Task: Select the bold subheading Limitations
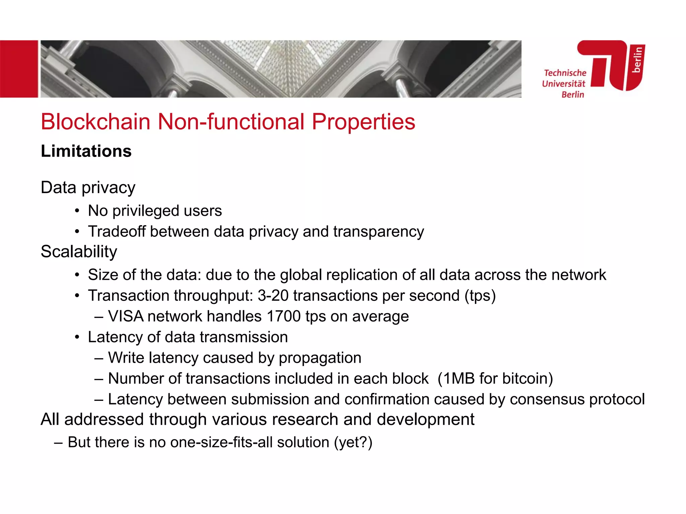(x=86, y=151)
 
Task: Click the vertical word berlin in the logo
(x=637, y=60)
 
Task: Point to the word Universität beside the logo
(x=563, y=84)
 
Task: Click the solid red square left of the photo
(x=19, y=69)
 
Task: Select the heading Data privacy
(x=88, y=187)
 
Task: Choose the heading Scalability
(x=79, y=251)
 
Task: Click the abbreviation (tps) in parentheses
(x=480, y=295)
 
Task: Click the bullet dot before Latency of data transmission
(x=77, y=337)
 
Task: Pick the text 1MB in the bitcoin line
(x=459, y=378)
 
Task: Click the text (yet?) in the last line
(x=353, y=442)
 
